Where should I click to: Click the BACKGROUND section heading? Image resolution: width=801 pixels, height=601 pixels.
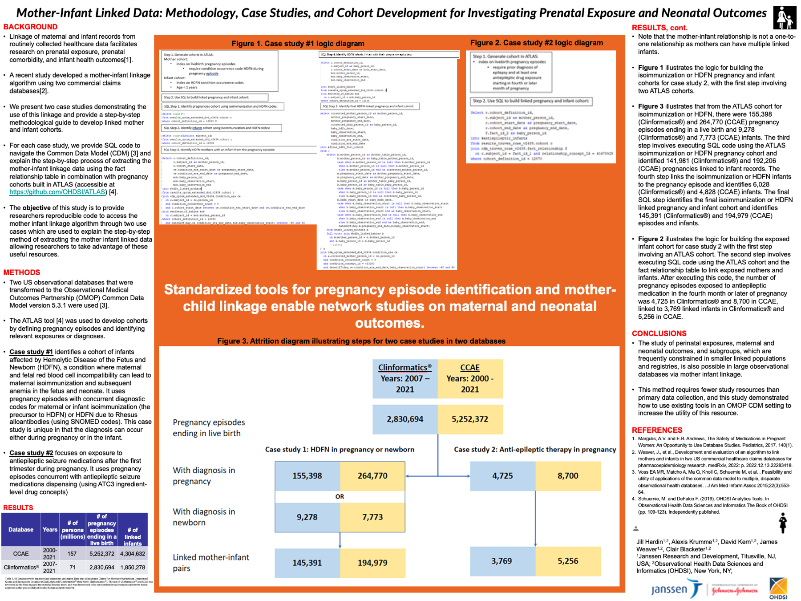tap(30, 27)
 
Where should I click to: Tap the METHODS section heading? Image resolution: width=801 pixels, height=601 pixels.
tap(22, 272)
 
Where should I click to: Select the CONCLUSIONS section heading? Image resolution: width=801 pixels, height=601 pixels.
tap(659, 333)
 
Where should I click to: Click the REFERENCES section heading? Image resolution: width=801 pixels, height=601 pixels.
tap(657, 430)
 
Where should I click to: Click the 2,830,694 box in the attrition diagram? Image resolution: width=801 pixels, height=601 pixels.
tap(405, 419)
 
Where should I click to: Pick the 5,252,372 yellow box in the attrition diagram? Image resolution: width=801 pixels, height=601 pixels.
tap(470, 419)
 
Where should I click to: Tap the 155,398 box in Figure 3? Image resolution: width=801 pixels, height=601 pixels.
tap(307, 475)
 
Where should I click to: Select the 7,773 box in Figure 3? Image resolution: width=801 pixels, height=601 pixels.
tap(372, 517)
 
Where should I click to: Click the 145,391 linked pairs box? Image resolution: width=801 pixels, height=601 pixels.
tap(307, 563)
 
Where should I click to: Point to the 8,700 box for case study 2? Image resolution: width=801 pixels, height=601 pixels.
tap(568, 475)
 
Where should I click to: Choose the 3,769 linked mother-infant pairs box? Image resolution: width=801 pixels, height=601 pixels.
tap(502, 561)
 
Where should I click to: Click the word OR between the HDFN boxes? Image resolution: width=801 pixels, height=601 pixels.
tap(340, 496)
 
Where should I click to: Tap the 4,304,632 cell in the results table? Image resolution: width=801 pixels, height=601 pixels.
tap(133, 554)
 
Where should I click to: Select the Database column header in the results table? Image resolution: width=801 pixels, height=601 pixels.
tap(21, 530)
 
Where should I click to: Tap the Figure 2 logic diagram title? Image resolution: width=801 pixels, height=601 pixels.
tap(536, 43)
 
